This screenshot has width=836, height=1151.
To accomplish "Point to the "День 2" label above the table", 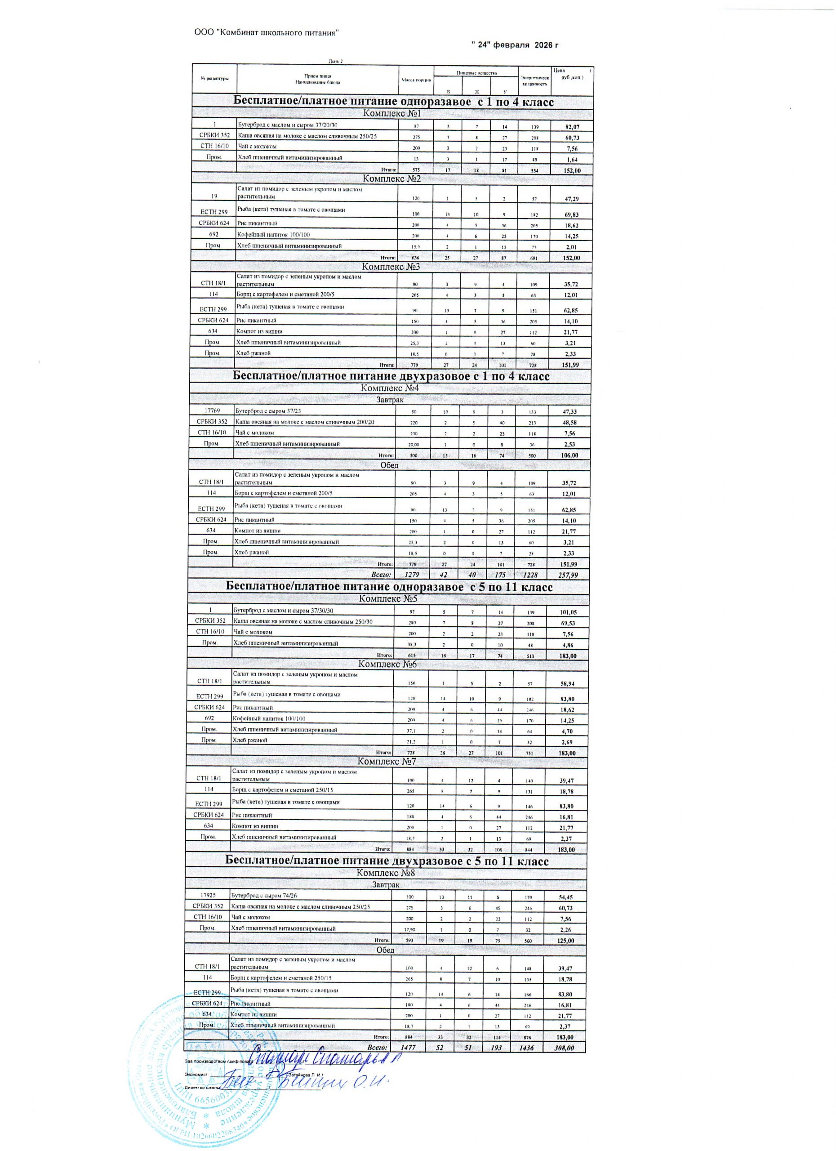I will coord(335,62).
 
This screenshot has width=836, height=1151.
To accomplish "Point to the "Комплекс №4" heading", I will coord(390,388).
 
